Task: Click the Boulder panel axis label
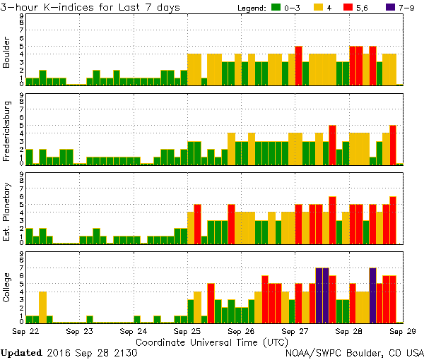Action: (7, 53)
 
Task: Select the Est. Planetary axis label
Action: (7, 211)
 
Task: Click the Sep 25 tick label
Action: (187, 330)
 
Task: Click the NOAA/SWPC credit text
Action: (354, 352)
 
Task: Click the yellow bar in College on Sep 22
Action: (42, 306)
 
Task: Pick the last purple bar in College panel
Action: (372, 295)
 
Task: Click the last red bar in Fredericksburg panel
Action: (393, 145)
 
